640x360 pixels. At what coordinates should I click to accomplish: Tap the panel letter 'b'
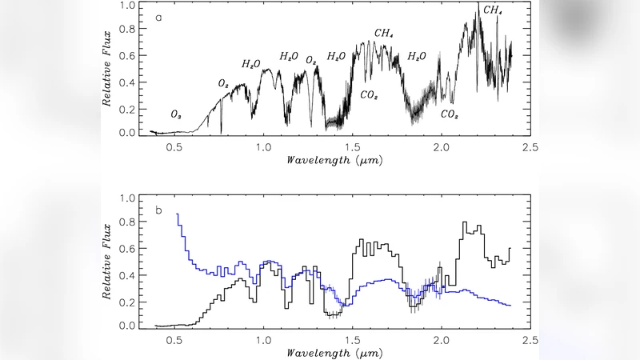coord(158,210)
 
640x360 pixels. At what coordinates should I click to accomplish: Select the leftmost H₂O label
coord(251,63)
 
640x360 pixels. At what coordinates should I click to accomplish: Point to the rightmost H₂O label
coord(417,56)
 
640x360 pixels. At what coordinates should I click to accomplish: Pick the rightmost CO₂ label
coord(450,114)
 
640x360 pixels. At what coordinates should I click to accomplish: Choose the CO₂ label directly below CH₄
coord(370,95)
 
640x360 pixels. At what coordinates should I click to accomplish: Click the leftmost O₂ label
coord(225,83)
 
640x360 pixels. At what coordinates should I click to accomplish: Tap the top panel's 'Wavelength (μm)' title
coord(334,160)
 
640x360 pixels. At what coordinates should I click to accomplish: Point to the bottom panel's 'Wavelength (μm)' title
coord(334,352)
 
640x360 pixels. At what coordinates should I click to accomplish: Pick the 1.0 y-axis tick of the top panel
coord(126,6)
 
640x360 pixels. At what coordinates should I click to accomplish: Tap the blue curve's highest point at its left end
coord(177,214)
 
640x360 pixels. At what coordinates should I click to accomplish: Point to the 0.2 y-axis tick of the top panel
coord(126,107)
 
